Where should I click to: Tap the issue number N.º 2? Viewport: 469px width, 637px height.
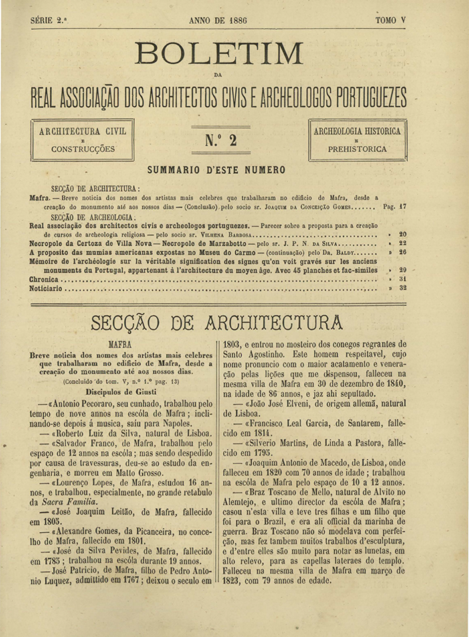[221, 140]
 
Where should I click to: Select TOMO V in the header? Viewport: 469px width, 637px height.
[391, 21]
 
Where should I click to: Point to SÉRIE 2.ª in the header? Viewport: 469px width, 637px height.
[49, 21]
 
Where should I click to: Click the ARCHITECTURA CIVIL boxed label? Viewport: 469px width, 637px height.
[82, 131]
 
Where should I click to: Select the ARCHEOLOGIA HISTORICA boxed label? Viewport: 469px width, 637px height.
[357, 131]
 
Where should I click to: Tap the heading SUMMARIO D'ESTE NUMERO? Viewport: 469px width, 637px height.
[217, 171]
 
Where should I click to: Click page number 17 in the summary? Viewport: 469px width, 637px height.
[403, 207]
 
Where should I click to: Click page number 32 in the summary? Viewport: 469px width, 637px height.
[403, 289]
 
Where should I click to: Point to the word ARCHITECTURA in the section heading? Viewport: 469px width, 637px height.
[274, 324]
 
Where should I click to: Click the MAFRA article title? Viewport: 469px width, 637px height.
[120, 345]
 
